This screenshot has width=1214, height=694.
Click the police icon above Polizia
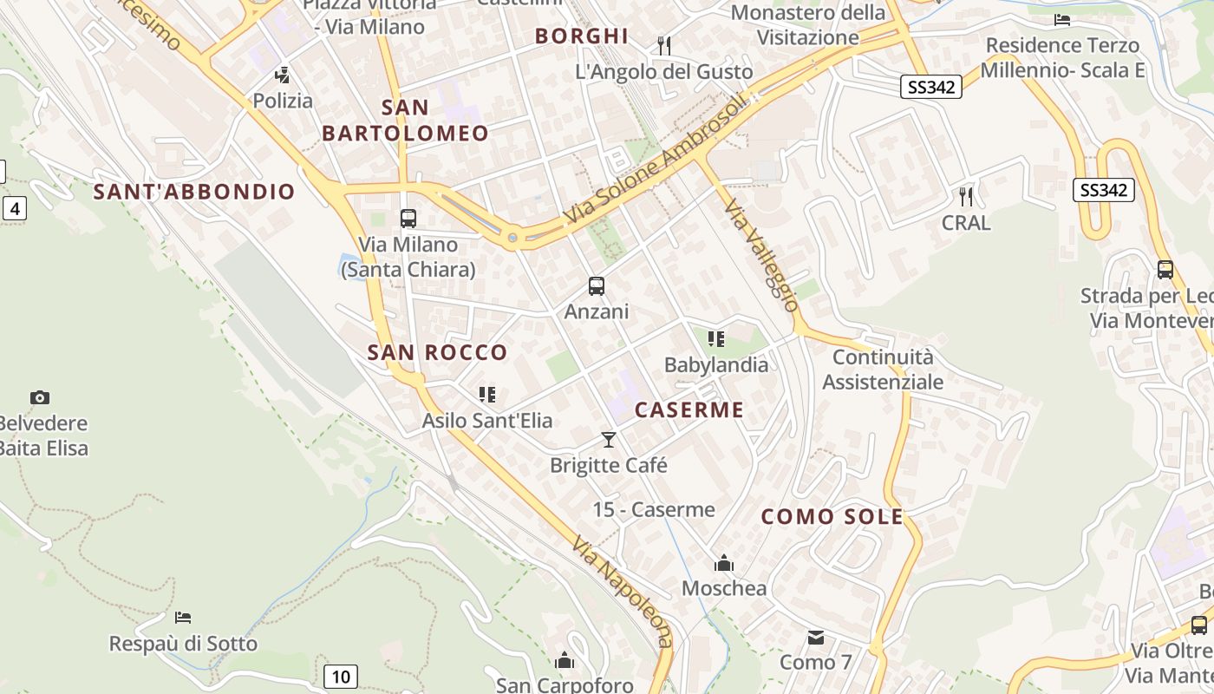(x=282, y=75)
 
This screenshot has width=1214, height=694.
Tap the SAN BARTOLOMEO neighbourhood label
(x=405, y=121)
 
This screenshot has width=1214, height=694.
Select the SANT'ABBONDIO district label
(x=194, y=192)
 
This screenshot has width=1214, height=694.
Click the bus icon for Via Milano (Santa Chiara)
(x=408, y=219)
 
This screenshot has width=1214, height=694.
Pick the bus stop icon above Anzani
(x=596, y=285)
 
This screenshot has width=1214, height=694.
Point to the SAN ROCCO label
(x=437, y=352)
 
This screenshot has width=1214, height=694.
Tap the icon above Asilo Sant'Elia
(x=487, y=395)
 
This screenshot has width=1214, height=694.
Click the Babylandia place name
(x=716, y=364)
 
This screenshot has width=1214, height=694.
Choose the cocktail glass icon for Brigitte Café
(x=609, y=440)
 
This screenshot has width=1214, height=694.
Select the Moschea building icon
(x=724, y=564)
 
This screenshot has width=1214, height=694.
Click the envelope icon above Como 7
(x=816, y=638)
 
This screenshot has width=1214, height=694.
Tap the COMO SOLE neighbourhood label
(x=832, y=517)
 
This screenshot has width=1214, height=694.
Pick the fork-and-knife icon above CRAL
(x=966, y=197)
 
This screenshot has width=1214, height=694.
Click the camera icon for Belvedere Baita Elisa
(x=40, y=398)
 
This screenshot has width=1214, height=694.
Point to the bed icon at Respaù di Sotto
(x=183, y=618)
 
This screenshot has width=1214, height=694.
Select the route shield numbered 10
(x=341, y=677)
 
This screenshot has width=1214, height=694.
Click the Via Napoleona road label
(x=622, y=591)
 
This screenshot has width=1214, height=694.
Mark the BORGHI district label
(x=581, y=36)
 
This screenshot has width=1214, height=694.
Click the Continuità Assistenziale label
(x=883, y=370)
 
